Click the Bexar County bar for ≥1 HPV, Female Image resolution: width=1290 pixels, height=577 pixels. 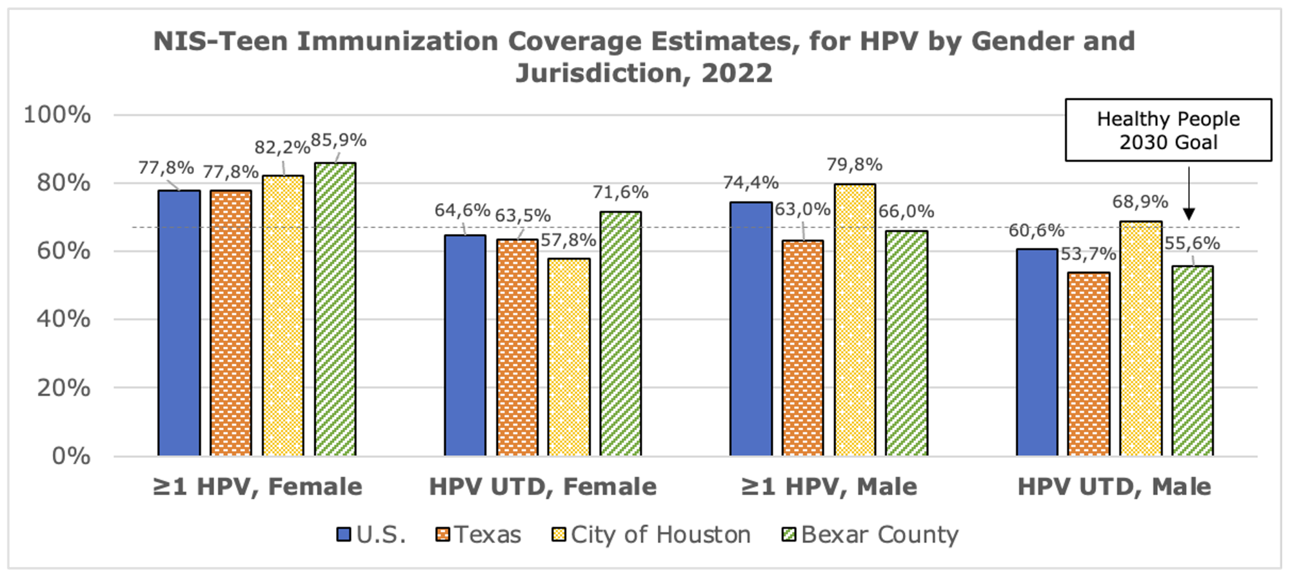(335, 309)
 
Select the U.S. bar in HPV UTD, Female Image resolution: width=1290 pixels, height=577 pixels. (465, 346)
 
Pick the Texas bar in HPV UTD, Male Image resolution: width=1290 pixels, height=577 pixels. (1089, 364)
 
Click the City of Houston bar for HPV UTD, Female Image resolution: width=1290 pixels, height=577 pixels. (569, 357)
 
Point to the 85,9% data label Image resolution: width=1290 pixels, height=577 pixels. (339, 140)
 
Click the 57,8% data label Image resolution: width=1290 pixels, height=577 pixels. (568, 240)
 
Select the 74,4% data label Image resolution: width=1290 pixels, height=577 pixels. (751, 182)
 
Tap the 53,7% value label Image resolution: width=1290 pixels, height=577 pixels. (1088, 254)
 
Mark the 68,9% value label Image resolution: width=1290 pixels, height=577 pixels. (1140, 202)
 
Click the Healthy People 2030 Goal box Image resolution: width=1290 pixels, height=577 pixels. (1168, 130)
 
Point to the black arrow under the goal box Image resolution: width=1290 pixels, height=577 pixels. (1189, 193)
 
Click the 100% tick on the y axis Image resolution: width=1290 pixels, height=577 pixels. (57, 115)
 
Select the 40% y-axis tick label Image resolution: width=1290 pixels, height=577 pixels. (63, 318)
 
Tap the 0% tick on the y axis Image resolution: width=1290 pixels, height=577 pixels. (70, 456)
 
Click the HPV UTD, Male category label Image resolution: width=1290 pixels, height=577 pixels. (1114, 487)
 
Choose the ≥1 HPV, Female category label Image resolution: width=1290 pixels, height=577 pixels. (257, 487)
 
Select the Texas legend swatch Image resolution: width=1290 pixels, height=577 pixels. (442, 534)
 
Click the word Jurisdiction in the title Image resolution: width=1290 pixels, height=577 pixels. (597, 73)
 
